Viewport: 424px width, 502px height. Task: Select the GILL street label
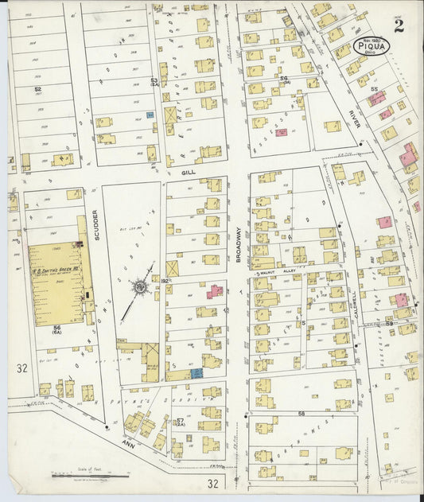click(x=188, y=171)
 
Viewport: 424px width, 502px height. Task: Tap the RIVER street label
click(x=354, y=119)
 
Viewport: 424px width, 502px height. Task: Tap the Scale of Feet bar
click(x=88, y=477)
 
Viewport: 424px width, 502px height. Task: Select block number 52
click(x=37, y=89)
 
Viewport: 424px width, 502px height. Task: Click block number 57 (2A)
click(x=181, y=421)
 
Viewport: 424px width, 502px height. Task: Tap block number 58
click(x=301, y=414)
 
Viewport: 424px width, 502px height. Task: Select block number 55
click(x=373, y=91)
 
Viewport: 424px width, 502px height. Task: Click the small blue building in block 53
click(x=150, y=115)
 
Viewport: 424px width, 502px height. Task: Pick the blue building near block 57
click(x=196, y=372)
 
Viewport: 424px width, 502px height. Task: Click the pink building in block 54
click(x=281, y=132)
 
